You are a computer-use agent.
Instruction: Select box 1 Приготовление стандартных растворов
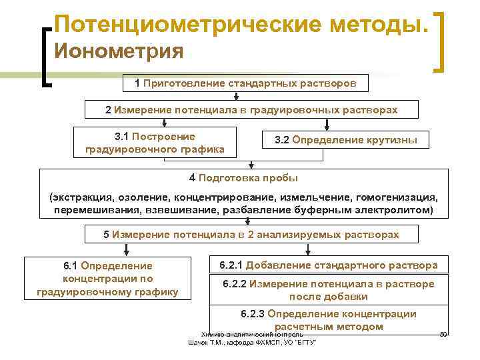241,84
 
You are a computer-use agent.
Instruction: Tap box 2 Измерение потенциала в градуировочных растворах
251,109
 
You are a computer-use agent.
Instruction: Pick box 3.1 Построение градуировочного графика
155,142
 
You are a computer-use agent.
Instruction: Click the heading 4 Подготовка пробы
243,178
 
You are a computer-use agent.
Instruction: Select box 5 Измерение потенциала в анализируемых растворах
251,235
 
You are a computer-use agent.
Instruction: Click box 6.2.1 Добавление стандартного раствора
329,265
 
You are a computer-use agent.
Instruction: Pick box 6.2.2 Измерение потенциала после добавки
329,290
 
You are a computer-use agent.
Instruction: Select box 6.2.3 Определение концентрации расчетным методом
329,320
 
